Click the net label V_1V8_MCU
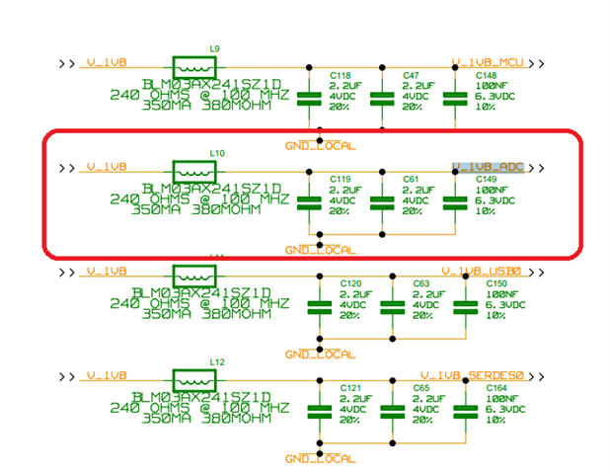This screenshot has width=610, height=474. pos(488,62)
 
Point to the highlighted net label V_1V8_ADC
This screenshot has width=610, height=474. pos(488,166)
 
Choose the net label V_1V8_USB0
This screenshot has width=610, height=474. pos(481,271)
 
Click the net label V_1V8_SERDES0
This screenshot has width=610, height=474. pos(467,374)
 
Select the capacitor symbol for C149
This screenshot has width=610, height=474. pos(454,202)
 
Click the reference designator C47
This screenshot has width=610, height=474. pos(411,75)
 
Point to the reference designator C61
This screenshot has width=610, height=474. pos(411,180)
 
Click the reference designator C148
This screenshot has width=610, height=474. pos(486,75)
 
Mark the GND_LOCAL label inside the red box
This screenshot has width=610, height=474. pos(320,250)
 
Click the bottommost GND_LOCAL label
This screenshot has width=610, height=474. pos(320,458)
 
